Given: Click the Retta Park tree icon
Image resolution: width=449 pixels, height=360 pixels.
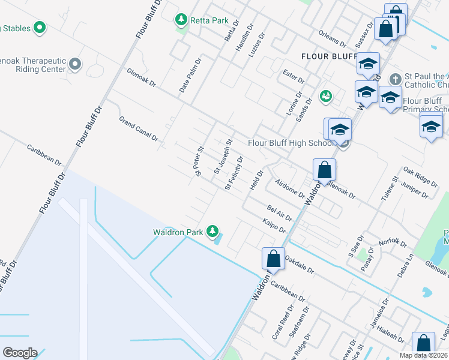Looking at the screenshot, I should point(181,20).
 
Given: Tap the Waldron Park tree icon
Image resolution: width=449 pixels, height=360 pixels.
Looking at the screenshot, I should point(212,231).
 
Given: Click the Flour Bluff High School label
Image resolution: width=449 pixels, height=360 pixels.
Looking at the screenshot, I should point(291,143).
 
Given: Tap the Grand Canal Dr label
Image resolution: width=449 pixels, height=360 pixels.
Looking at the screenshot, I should point(138,128).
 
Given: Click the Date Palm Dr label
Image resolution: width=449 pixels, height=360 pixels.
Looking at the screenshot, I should point(190,75).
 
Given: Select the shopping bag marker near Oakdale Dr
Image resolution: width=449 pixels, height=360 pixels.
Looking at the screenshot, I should point(273,258).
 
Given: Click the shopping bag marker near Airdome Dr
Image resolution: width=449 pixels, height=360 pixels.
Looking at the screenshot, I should point(324,170).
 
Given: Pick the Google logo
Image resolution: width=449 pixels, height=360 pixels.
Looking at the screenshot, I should point(20,352).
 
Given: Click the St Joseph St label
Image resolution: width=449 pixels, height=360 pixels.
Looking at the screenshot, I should point(223,157).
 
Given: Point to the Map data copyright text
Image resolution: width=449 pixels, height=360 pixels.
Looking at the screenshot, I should point(423,355).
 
